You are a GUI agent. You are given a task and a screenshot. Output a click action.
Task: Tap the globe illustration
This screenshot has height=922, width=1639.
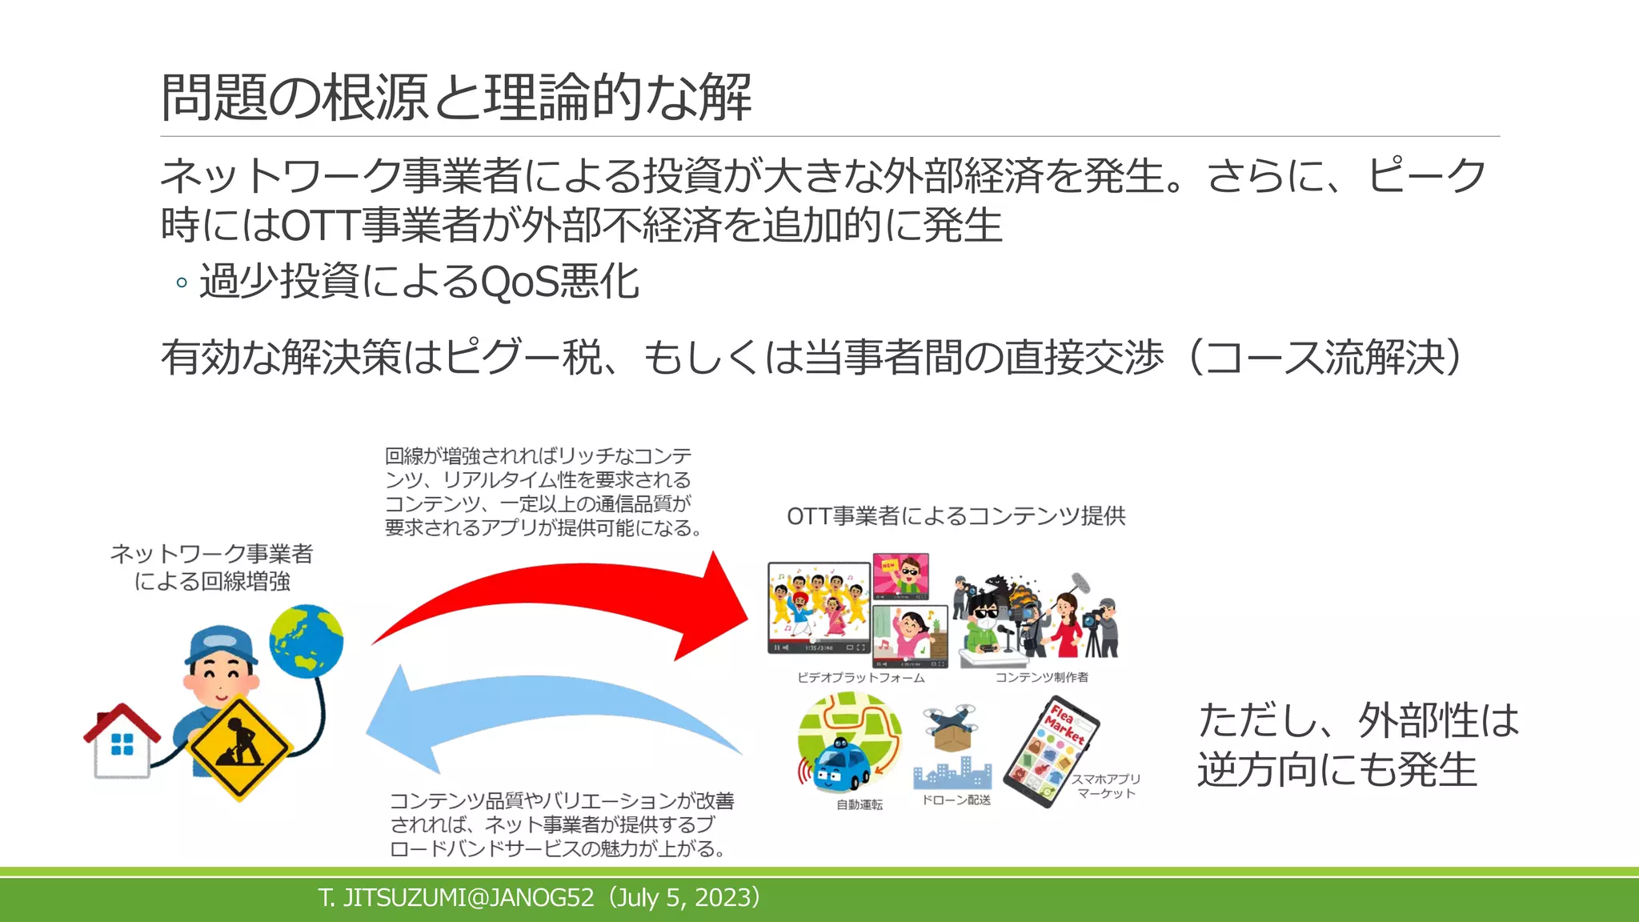[x=307, y=640]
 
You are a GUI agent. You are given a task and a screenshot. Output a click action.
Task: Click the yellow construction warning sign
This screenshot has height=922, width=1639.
[x=238, y=748]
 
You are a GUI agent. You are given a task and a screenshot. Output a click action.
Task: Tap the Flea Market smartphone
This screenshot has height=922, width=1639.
[x=1050, y=752]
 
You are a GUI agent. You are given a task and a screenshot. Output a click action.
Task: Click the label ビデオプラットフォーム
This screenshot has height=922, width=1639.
[x=860, y=677]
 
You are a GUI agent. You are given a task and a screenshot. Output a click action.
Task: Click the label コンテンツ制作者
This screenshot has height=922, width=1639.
[x=1041, y=677]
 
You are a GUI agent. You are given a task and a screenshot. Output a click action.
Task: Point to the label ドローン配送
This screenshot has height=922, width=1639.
[x=956, y=800]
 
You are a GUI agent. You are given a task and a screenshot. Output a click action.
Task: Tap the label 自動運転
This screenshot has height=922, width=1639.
[x=859, y=804]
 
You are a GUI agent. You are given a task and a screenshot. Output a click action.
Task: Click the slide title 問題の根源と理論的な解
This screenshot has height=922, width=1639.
[x=456, y=97]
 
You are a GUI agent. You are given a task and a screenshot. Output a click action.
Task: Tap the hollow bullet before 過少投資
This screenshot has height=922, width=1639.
[x=182, y=283]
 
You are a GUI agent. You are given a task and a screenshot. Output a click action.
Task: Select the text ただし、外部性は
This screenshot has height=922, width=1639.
[x=1358, y=720]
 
